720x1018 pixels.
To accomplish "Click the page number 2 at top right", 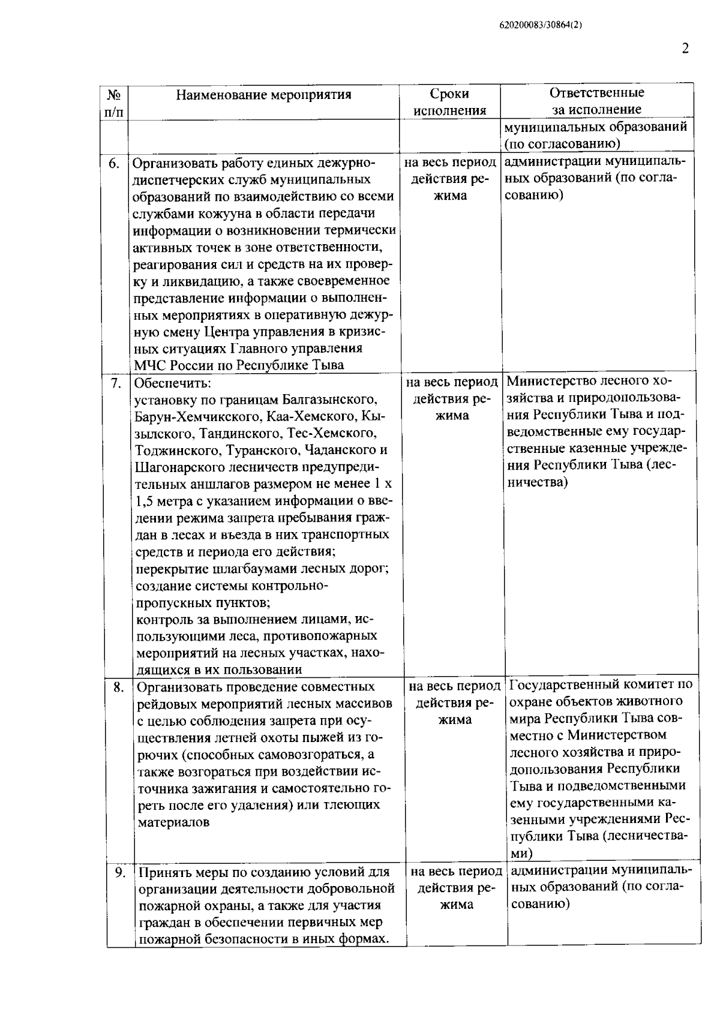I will point(685,49).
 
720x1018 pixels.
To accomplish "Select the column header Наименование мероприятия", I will point(264,95).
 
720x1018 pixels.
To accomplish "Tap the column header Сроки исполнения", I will point(449,102).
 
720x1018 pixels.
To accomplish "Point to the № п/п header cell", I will point(115,103).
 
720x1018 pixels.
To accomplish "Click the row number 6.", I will point(115,164).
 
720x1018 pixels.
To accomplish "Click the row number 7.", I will point(116,383).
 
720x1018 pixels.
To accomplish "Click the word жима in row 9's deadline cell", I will point(454,905).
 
